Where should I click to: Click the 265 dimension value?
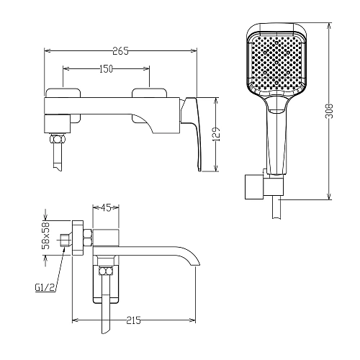pos(120,51)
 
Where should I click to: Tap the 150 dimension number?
pos(106,69)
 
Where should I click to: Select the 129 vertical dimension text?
pos(217,134)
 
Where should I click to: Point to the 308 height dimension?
pos(330,111)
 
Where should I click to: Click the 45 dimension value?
pos(106,207)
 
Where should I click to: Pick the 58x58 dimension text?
pos(45,235)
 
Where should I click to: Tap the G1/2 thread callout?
pos(45,288)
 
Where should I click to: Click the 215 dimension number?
pos(133,320)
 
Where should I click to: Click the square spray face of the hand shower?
pos(276,63)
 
